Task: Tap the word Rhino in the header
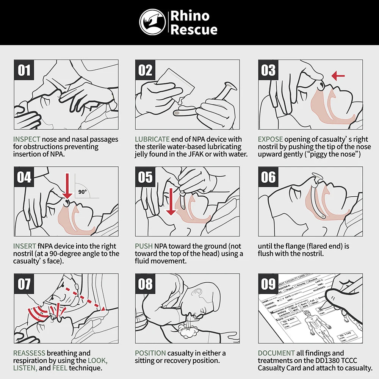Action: (x=189, y=16)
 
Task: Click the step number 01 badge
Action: (x=24, y=70)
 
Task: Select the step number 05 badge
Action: (x=146, y=177)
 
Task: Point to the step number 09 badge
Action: (x=268, y=284)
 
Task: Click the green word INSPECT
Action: (x=27, y=139)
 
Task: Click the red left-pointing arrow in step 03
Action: (x=338, y=76)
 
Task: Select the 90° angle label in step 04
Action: (x=83, y=192)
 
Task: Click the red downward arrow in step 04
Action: (x=67, y=186)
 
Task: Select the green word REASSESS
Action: (x=29, y=353)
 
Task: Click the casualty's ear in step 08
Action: (x=197, y=293)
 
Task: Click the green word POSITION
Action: (x=150, y=353)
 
